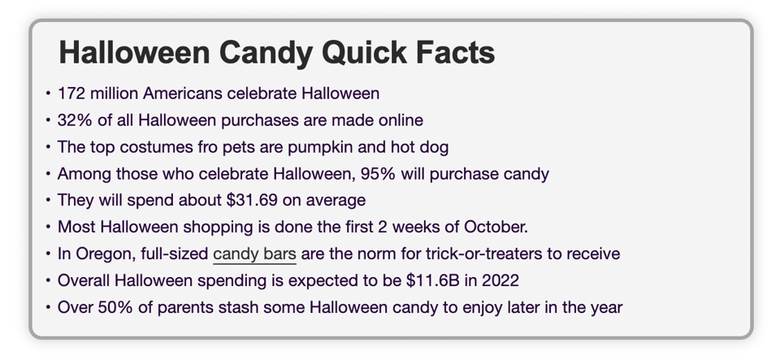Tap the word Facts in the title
[454, 54]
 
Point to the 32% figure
[75, 120]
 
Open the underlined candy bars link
[254, 254]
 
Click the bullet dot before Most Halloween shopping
[48, 227]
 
